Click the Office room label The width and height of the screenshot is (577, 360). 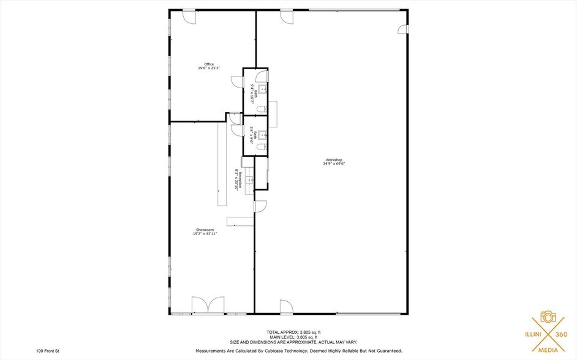click(209, 64)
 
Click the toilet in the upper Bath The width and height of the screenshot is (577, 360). click(262, 109)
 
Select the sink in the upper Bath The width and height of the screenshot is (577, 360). click(263, 89)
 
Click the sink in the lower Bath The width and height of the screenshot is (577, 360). click(263, 135)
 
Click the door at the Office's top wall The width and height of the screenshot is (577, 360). click(189, 17)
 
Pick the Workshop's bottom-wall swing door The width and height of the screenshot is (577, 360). click(286, 307)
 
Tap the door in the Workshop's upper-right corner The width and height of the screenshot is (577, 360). click(402, 29)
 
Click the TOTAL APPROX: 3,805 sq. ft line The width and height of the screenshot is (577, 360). click(293, 332)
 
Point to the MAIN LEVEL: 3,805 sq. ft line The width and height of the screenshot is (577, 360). click(293, 337)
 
